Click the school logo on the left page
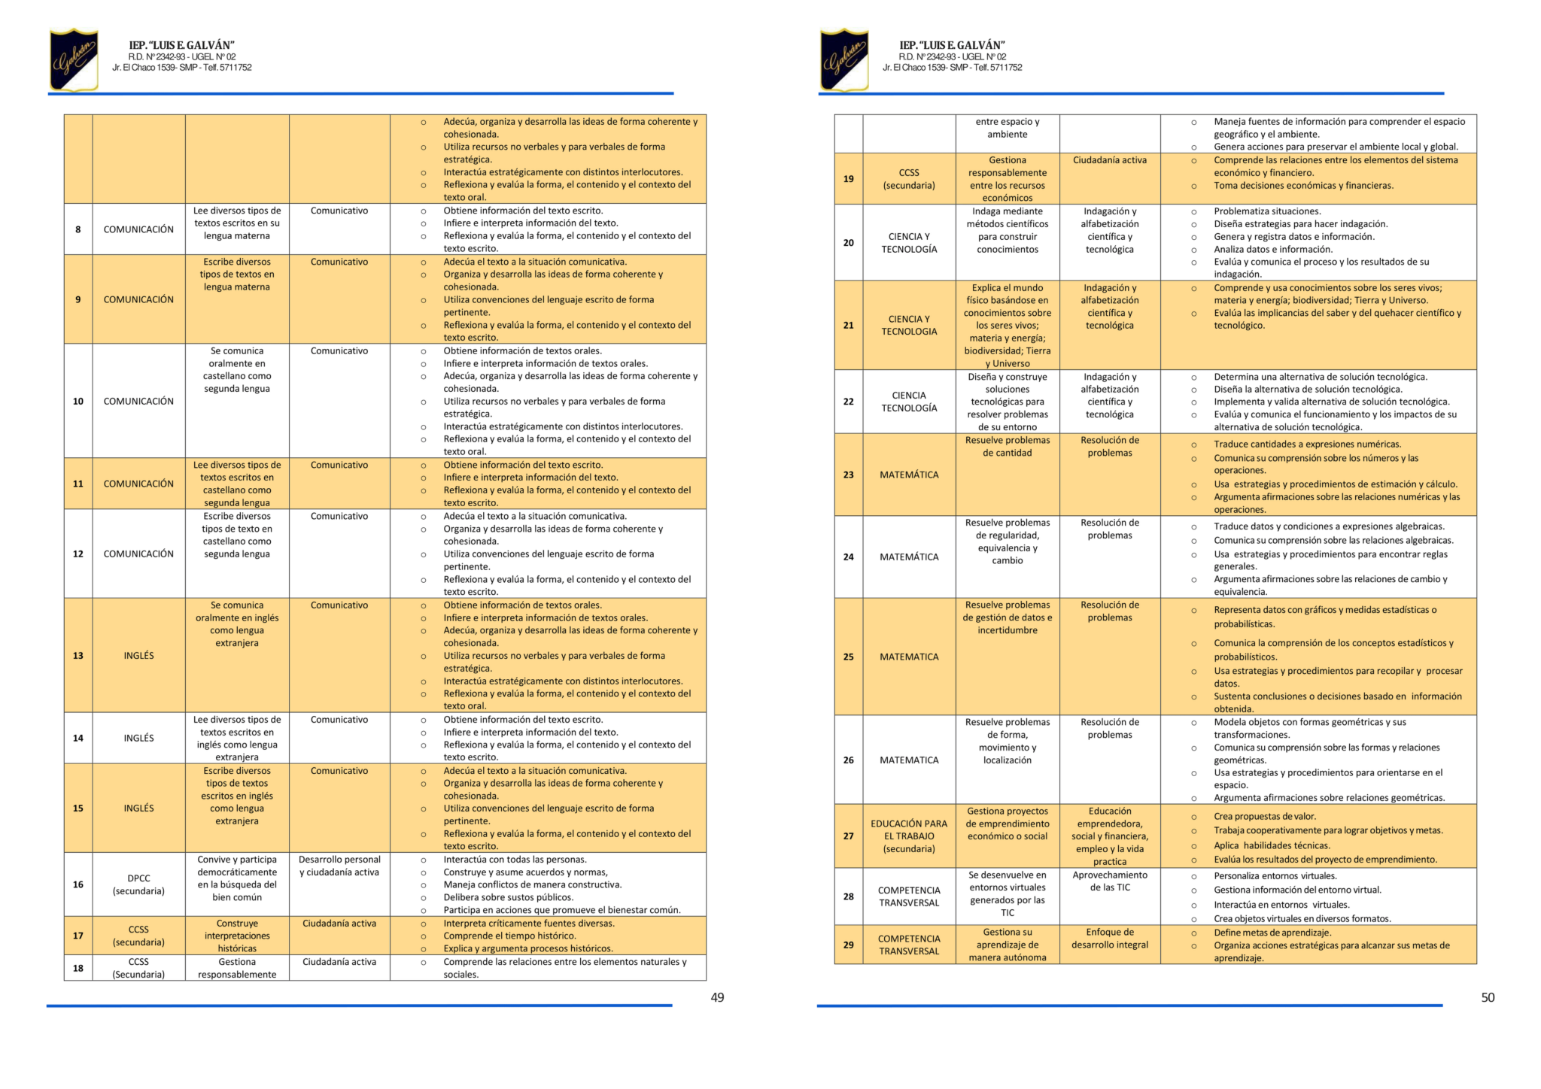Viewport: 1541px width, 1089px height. pyautogui.click(x=74, y=59)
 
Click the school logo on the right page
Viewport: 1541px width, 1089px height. pyautogui.click(x=844, y=59)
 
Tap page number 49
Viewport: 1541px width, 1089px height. pyautogui.click(x=717, y=997)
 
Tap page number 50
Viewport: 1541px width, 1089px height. pyautogui.click(x=1488, y=997)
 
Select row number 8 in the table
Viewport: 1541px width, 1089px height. pyautogui.click(x=78, y=229)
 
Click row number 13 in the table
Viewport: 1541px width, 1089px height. pyautogui.click(x=78, y=656)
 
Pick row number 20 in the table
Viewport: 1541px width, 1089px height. pyautogui.click(x=849, y=243)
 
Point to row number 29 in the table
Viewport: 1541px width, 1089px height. pyautogui.click(x=849, y=945)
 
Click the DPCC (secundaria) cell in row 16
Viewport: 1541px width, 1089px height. pyautogui.click(x=138, y=884)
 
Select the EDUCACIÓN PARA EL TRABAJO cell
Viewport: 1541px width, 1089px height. pyautogui.click(x=909, y=836)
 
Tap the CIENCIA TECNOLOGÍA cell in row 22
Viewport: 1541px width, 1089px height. pyautogui.click(x=909, y=402)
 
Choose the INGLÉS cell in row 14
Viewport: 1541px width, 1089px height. pyautogui.click(x=138, y=738)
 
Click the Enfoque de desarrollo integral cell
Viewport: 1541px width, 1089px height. pyautogui.click(x=1110, y=939)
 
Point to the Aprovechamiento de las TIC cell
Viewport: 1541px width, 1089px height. pyautogui.click(x=1110, y=881)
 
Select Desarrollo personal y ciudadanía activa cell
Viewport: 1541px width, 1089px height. pyautogui.click(x=339, y=866)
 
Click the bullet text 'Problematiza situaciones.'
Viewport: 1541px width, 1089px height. pyautogui.click(x=1267, y=211)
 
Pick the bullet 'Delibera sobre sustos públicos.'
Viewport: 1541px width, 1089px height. pyautogui.click(x=508, y=897)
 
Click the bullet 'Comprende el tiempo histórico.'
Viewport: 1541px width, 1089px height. pyautogui.click(x=509, y=936)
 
